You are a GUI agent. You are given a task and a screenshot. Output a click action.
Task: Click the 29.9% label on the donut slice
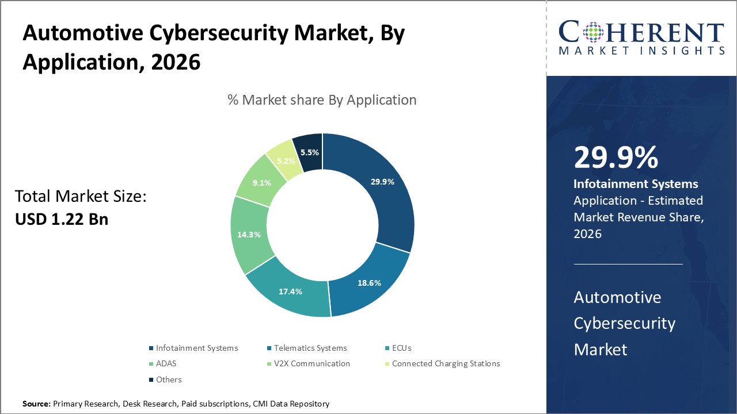coord(382,182)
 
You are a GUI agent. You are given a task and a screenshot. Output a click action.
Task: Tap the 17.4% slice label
coord(290,292)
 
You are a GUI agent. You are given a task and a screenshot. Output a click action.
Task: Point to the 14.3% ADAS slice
coord(249,235)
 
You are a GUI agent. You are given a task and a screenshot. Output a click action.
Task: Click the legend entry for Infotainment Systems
coord(196,348)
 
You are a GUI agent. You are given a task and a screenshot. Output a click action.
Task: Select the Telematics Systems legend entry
coord(310,348)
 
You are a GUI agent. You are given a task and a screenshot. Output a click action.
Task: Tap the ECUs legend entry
coord(401,348)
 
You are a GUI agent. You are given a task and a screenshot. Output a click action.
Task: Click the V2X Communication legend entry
coord(311,363)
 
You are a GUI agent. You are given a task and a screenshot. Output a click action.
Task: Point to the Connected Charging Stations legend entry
coord(446,363)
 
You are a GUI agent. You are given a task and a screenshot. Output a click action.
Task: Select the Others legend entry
coord(169,379)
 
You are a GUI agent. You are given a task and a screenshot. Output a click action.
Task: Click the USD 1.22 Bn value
coord(62,219)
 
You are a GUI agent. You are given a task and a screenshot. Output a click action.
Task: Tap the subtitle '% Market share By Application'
coord(322,100)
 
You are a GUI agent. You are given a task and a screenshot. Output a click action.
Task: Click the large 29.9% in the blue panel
coord(616,158)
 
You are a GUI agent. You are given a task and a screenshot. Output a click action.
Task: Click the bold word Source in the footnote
coord(36,404)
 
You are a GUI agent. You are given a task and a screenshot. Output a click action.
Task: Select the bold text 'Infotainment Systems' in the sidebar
coord(636,184)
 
